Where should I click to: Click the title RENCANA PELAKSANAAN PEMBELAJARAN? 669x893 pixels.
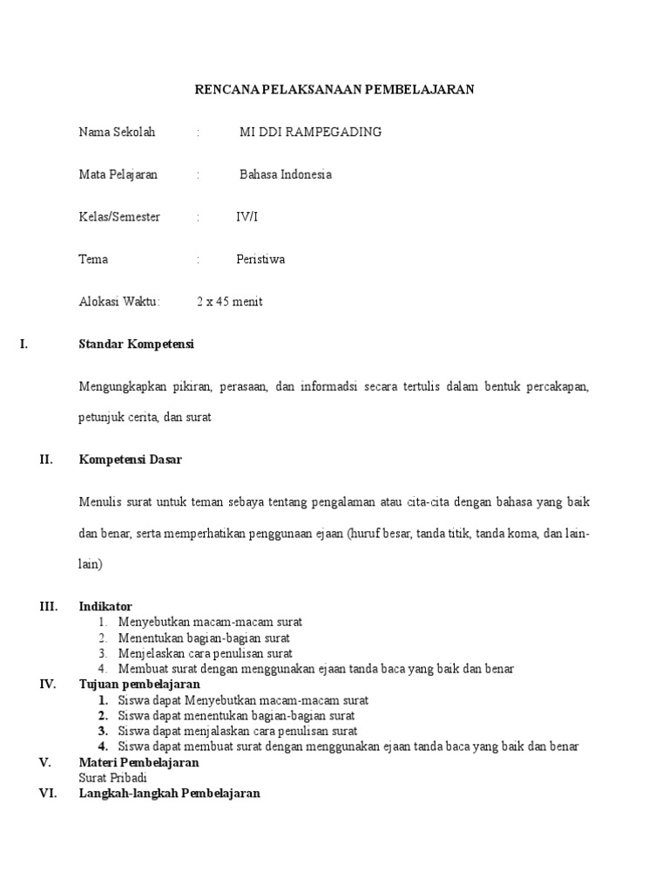(334, 89)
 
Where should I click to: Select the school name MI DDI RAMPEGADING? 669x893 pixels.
(310, 133)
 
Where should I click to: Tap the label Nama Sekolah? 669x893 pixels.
(117, 133)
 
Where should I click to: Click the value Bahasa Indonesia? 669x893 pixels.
(286, 174)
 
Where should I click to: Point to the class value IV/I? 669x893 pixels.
(247, 217)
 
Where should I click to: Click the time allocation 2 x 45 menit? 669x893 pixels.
(229, 302)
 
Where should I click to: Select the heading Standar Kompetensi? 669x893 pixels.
(137, 344)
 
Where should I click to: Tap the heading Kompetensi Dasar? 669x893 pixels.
(131, 460)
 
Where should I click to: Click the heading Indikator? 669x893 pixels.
(105, 606)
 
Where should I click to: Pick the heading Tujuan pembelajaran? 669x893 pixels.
(139, 685)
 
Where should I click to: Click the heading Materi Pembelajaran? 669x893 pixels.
(139, 762)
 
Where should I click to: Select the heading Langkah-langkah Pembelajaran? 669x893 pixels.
(169, 794)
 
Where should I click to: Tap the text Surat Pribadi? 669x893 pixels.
(113, 778)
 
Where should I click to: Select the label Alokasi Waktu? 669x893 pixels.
(119, 302)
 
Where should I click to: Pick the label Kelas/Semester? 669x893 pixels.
(119, 217)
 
